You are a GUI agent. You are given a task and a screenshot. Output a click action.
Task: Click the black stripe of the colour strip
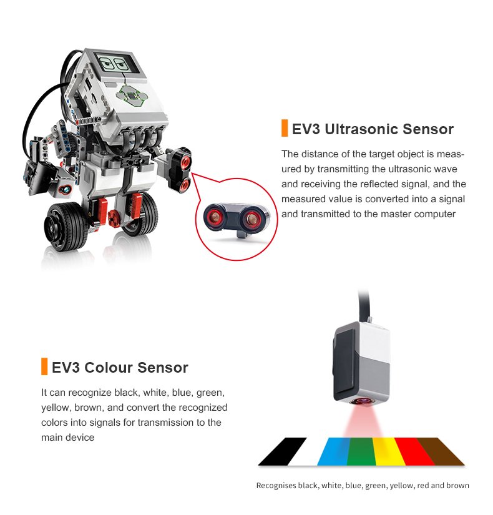point(283,451)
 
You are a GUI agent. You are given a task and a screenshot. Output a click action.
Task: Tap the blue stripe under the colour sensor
point(333,451)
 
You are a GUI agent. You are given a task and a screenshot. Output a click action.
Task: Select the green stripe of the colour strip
point(361,451)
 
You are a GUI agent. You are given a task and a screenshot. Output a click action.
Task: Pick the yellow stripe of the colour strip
point(389,451)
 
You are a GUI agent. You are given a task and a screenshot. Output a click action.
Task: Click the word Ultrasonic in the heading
point(361,129)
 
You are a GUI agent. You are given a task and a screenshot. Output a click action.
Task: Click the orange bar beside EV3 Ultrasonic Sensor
point(285,128)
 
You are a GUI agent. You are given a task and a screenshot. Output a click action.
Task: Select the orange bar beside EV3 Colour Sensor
point(44,366)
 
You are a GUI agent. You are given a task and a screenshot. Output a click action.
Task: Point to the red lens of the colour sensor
point(359,401)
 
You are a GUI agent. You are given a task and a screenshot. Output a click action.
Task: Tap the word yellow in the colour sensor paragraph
point(55,408)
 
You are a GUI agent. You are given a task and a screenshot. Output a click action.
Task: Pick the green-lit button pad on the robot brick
point(132,96)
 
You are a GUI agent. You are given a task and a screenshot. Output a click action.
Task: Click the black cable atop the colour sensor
point(366,305)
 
